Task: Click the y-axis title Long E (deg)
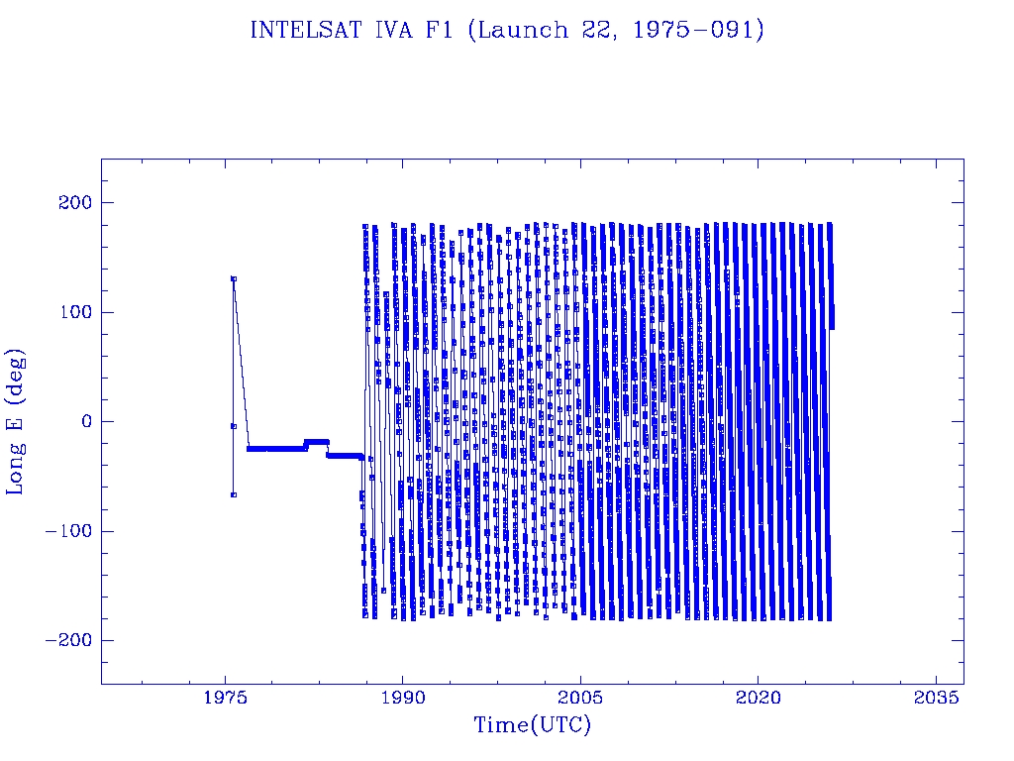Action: [x=16, y=421]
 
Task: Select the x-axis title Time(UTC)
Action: [x=532, y=725]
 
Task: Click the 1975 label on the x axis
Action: [x=226, y=699]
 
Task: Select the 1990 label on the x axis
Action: [x=403, y=699]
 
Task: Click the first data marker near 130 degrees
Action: [x=234, y=278]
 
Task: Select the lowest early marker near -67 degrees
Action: [x=234, y=494]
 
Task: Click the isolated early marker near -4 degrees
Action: [x=233, y=426]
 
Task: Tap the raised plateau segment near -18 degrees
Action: [x=317, y=441]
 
